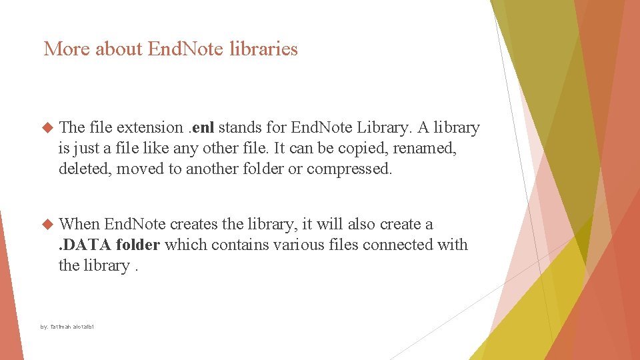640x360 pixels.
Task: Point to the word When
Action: [x=79, y=224]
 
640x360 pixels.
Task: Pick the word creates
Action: [x=195, y=224]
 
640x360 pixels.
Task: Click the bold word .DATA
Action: [x=85, y=245]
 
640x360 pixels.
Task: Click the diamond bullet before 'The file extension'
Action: [x=47, y=127]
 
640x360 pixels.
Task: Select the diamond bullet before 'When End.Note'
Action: [x=47, y=224]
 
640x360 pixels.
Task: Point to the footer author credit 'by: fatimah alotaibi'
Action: [x=67, y=327]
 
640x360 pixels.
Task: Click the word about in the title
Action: [x=121, y=49]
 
